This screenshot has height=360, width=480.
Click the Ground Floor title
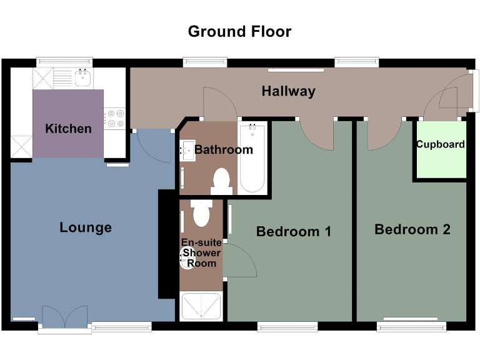pos(239,31)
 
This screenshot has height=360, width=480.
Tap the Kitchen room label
pos(68,129)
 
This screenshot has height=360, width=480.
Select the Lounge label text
pos(86,227)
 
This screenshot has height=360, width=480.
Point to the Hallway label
pos(288,91)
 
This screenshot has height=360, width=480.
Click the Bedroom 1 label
pos(293,232)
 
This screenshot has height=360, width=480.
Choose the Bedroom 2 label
pos(412,229)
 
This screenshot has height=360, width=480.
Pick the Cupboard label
pos(441,144)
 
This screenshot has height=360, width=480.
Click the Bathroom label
pos(224,149)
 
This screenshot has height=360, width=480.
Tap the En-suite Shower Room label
pos(201,253)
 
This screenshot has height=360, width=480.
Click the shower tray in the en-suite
pos(201,306)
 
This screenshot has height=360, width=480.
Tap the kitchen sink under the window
pos(82,77)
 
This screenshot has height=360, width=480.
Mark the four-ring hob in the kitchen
pos(116,119)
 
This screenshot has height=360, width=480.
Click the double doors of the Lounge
pos(64,317)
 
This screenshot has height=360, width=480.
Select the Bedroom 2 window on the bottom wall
pos(411,326)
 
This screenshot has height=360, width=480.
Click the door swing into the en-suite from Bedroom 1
pos(241,261)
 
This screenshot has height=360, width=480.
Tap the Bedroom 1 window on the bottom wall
pos(287,326)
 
